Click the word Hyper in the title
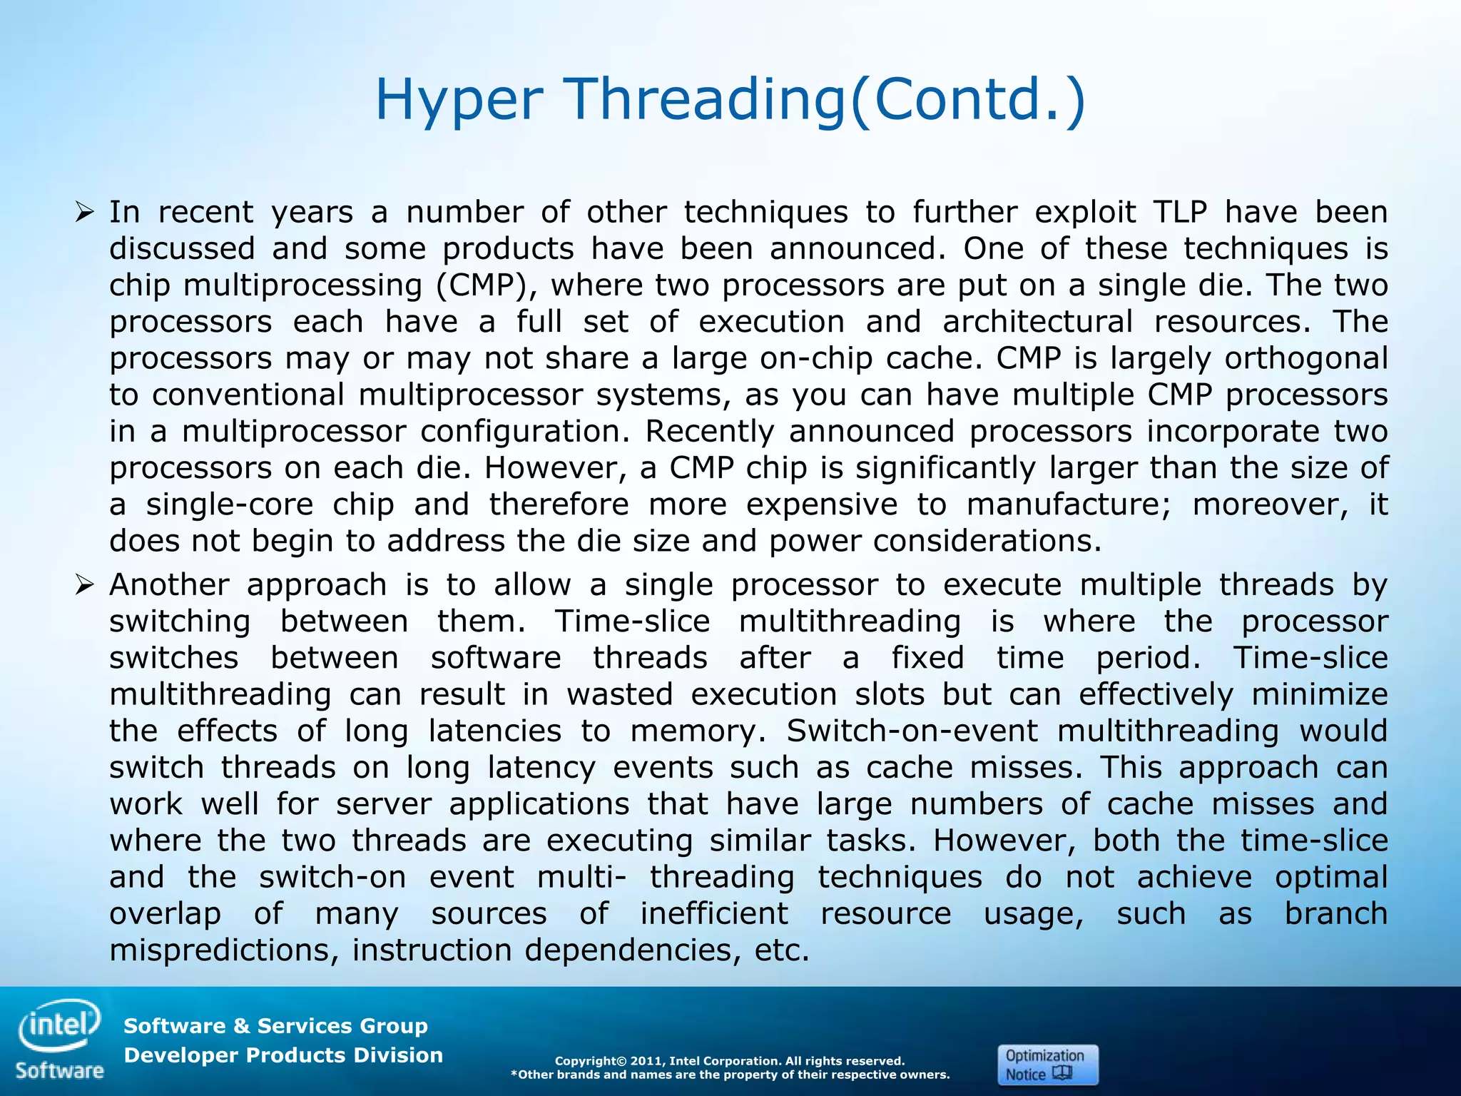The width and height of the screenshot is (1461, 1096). pos(459,100)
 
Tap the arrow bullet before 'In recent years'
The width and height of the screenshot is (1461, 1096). pos(84,212)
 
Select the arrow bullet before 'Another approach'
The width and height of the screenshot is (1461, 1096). pos(84,585)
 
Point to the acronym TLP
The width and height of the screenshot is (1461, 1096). pos(1179,212)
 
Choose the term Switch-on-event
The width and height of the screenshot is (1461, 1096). pos(912,731)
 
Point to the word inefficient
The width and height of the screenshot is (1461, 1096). pos(714,913)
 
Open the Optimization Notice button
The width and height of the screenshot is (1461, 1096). pos(1047,1065)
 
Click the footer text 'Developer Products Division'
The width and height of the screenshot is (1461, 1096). pos(283,1055)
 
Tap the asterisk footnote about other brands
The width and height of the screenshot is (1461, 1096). pos(730,1075)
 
